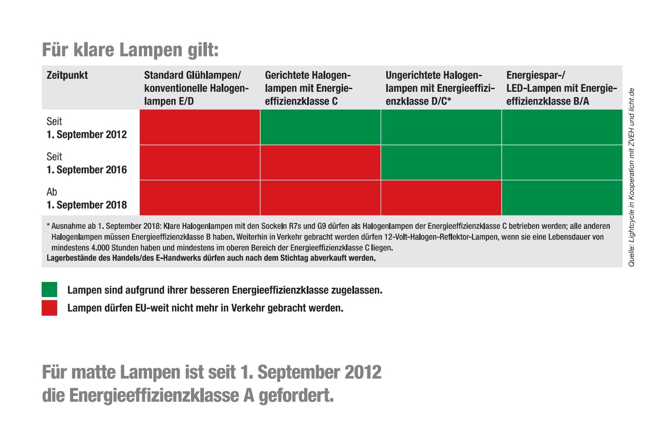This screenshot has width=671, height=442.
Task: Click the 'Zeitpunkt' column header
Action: pos(67,75)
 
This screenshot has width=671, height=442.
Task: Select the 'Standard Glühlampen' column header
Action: pos(196,88)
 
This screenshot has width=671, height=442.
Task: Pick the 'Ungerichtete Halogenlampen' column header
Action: pos(440,88)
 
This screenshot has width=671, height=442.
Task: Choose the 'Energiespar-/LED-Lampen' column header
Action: pos(561,88)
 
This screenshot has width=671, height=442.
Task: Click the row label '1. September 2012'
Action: pos(87,134)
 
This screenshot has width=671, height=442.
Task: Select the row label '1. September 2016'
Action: pos(87,170)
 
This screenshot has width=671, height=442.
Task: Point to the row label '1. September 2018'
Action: pos(87,205)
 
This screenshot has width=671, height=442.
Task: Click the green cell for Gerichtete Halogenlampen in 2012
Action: pos(320,127)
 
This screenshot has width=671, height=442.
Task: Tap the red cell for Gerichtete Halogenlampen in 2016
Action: pos(320,162)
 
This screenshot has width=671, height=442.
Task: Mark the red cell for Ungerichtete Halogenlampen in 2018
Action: pos(441,198)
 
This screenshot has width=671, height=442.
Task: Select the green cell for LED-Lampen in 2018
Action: pos(562,198)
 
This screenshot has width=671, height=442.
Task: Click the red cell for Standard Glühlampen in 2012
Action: pos(200,127)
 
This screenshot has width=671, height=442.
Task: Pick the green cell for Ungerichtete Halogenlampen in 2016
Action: pos(441,162)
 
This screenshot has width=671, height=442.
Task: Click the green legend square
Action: pos(49,289)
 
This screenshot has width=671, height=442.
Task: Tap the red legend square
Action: pos(49,308)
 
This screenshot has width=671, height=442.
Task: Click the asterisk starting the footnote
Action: pos(48,225)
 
